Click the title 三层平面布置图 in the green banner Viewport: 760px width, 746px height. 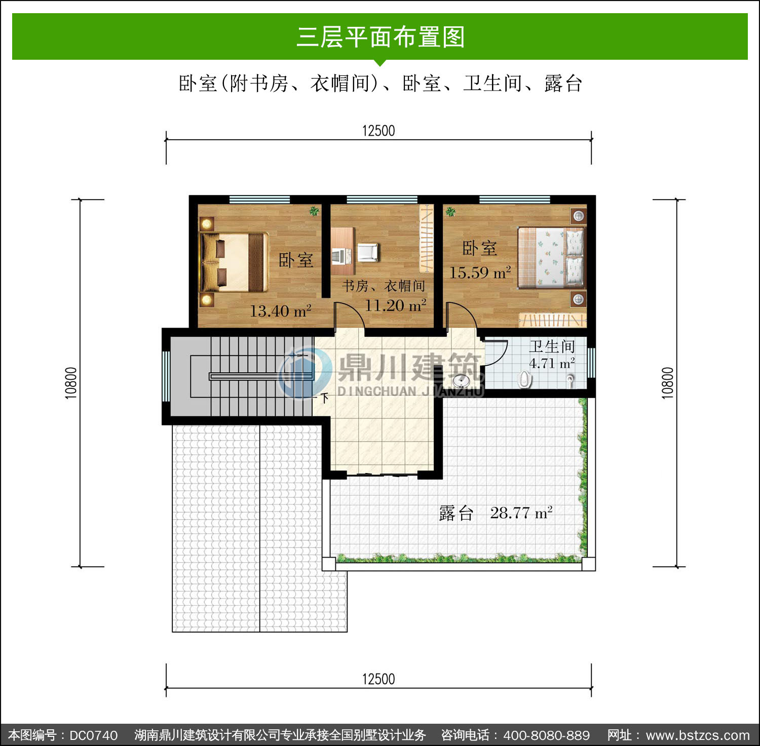(381, 37)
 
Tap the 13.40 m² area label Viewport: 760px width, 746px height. (280, 310)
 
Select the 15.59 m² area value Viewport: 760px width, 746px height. (480, 272)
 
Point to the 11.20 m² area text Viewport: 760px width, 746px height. (396, 305)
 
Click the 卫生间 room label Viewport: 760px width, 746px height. (552, 346)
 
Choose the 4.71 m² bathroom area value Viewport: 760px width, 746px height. (552, 363)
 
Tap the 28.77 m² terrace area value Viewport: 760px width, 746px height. (521, 513)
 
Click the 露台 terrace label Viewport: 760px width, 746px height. (456, 513)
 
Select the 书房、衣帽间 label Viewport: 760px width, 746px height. (384, 286)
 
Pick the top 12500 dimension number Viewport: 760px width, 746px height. (378, 131)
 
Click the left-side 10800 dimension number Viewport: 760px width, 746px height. (71, 383)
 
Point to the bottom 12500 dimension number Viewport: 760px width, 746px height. (378, 679)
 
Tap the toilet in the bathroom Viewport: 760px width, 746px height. (524, 379)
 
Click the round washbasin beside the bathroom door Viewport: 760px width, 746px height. (461, 381)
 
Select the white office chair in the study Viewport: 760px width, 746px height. (368, 252)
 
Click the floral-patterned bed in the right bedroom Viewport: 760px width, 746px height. (551, 258)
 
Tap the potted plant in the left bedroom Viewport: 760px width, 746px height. (314, 211)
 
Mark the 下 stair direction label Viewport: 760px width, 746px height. (325, 398)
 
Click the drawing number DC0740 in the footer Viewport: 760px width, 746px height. (93, 735)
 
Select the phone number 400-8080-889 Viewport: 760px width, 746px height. (547, 735)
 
